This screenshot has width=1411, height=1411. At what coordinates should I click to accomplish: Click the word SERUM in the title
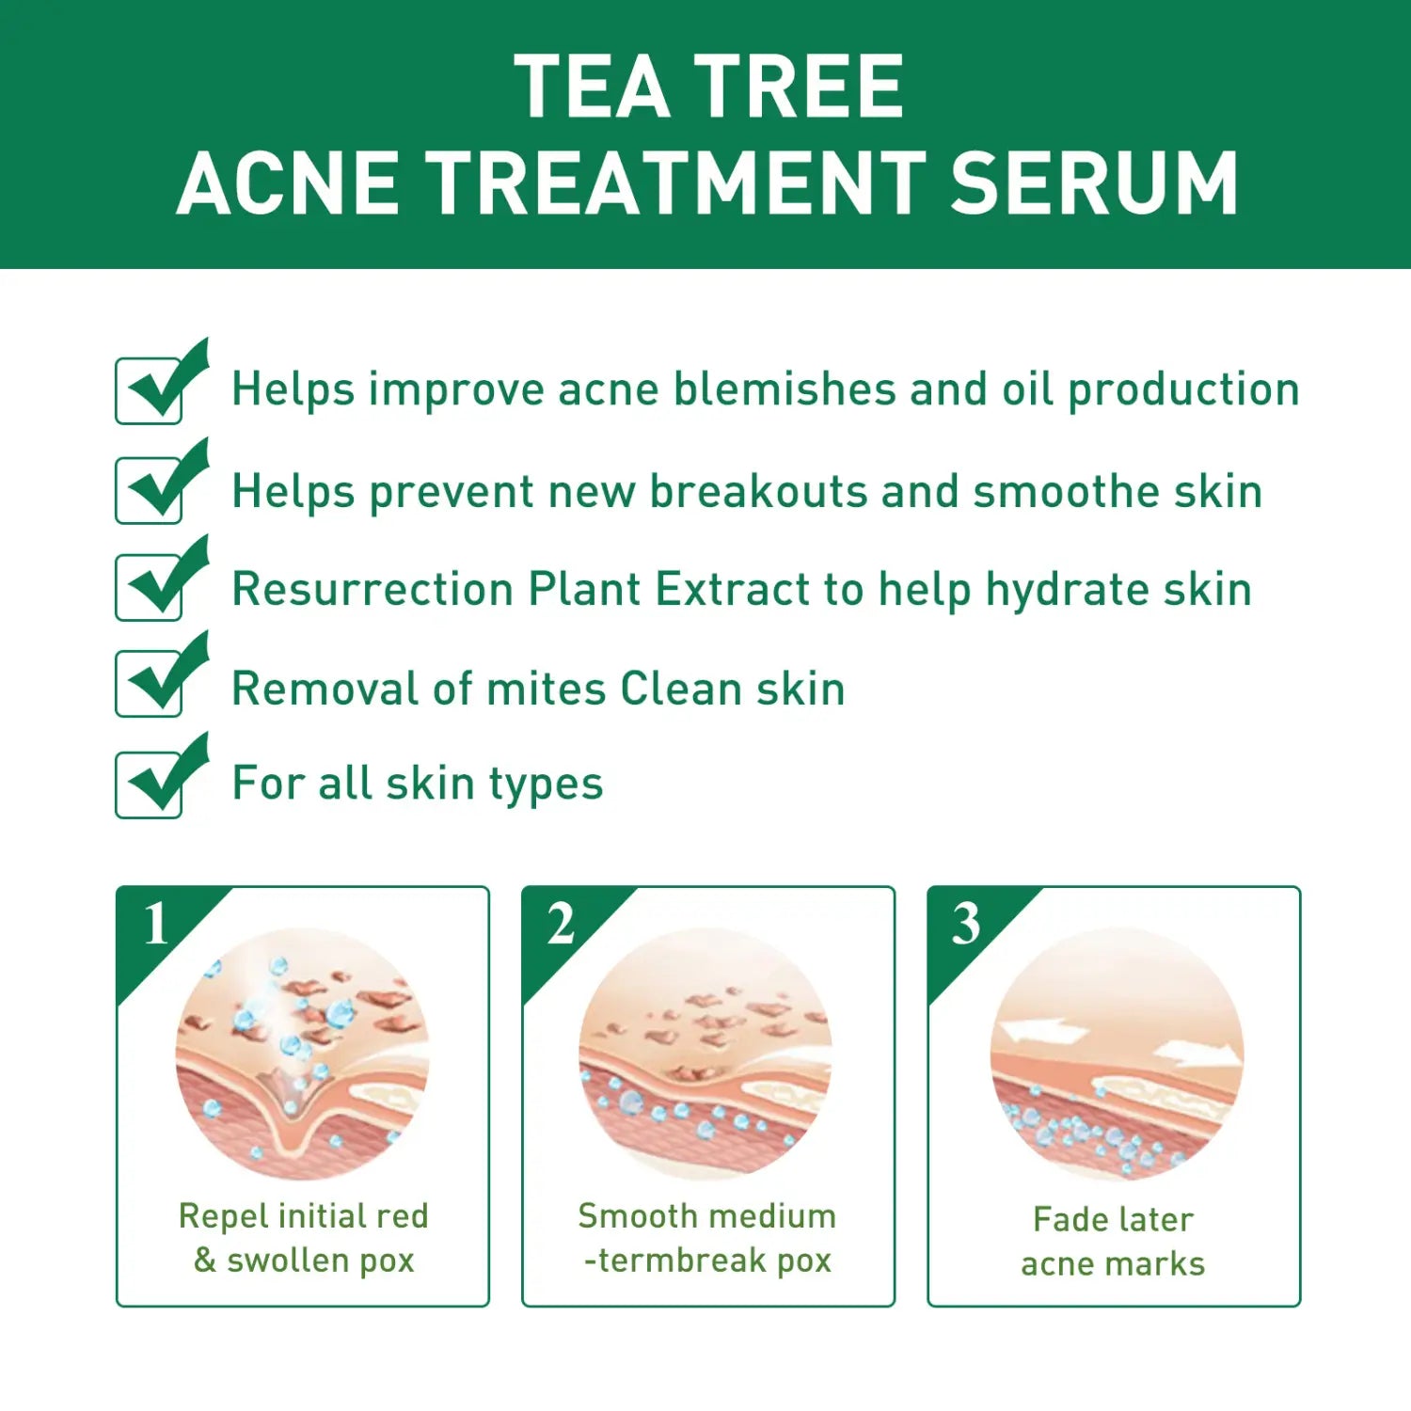1094,182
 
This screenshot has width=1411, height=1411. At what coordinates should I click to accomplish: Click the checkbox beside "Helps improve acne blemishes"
150,390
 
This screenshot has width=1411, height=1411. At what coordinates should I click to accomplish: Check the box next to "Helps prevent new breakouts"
150,490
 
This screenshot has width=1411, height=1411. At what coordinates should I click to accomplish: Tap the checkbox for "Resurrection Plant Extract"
150,588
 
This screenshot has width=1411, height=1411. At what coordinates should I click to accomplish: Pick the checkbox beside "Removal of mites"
150,685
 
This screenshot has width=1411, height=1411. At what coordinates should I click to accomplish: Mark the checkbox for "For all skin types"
150,785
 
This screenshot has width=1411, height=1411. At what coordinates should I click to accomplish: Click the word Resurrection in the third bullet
373,590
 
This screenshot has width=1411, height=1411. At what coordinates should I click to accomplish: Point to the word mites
546,689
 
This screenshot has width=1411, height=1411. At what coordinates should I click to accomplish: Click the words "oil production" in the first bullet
1149,389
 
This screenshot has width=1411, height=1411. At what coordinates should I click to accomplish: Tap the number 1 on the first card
156,924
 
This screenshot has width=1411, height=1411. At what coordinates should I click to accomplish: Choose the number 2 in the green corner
561,924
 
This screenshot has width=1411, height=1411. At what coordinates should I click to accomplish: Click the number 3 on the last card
966,924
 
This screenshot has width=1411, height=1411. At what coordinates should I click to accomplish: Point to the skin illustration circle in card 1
303,1054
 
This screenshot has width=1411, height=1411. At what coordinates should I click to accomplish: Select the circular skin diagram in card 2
705,1054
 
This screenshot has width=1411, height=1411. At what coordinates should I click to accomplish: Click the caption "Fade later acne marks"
1113,1242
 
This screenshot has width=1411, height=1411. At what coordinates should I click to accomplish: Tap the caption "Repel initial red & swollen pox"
303,1238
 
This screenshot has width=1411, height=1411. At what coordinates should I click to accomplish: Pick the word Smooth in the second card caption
625,1216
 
